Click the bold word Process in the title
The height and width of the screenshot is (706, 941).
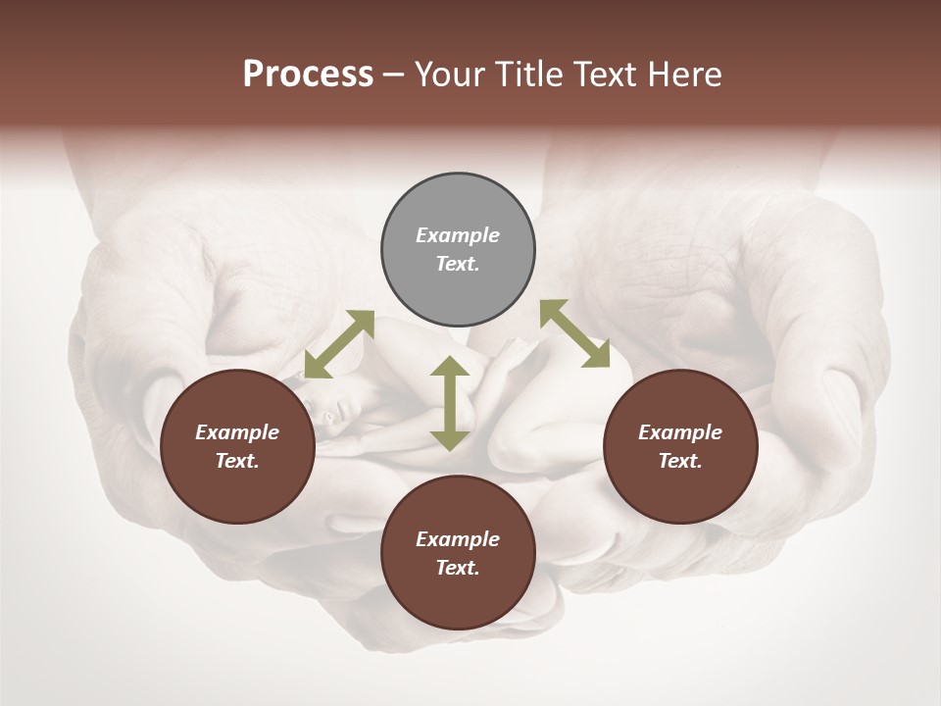(308, 75)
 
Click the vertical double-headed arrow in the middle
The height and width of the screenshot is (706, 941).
(450, 404)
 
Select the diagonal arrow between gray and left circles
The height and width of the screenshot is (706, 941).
(339, 344)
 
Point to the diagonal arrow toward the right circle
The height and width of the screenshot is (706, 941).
(574, 334)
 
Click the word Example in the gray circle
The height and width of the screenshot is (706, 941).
(458, 235)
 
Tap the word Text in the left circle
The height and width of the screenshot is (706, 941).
(237, 461)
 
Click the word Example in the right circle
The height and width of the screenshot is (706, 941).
(680, 432)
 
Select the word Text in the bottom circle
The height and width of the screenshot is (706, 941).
(458, 568)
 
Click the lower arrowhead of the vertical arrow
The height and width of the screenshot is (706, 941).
(450, 440)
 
